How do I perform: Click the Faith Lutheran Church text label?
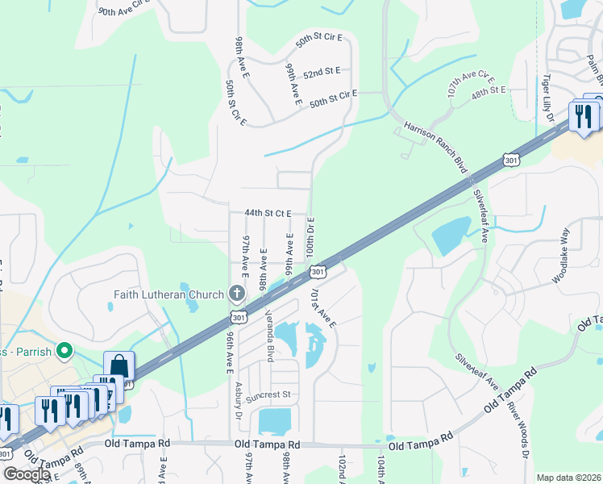tap(168, 294)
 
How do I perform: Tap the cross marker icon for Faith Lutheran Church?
tap(236, 293)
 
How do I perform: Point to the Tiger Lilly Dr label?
tap(548, 98)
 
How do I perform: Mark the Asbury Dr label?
tap(239, 401)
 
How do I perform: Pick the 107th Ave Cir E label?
tap(470, 84)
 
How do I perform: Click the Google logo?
tap(27, 474)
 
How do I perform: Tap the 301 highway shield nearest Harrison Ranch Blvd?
tap(510, 161)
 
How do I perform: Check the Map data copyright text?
tap(568, 478)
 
